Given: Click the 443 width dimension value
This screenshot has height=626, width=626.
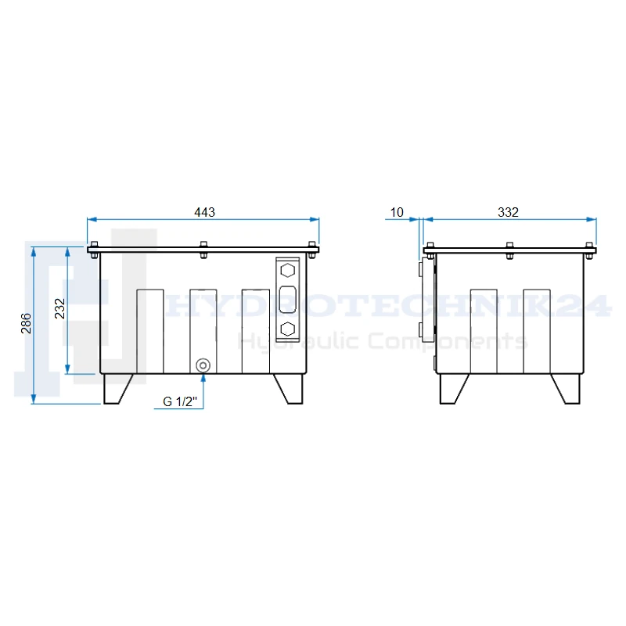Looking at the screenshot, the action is tap(204, 212).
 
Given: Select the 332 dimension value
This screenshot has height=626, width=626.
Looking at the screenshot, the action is tap(508, 212).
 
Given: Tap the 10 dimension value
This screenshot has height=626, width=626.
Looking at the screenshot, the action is tap(397, 212).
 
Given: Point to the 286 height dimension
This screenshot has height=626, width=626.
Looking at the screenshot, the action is tap(26, 323).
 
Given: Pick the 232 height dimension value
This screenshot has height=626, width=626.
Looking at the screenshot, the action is tap(59, 308).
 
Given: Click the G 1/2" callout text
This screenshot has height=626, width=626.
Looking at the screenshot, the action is tap(180, 401).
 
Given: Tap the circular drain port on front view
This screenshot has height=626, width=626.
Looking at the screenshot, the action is tap(203, 365).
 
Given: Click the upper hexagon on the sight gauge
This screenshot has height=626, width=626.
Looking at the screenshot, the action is tap(287, 270).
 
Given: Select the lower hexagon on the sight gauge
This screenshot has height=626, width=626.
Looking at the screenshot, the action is tap(287, 329).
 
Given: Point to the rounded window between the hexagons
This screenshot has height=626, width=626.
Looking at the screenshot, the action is tap(287, 300).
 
